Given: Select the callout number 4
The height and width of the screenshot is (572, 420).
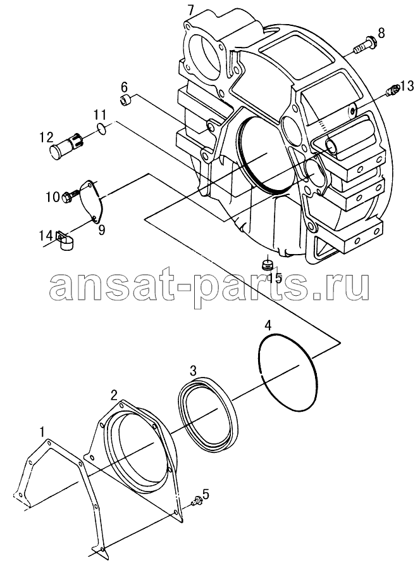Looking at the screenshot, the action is [268, 325].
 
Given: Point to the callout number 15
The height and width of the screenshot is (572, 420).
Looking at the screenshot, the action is [275, 277].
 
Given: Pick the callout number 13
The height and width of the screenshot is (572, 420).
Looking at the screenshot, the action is [407, 86].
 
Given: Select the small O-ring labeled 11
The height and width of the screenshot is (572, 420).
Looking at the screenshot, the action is [102, 127].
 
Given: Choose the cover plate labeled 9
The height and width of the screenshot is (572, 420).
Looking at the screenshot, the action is [90, 200].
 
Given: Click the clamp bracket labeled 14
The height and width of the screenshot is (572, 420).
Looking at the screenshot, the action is [65, 241].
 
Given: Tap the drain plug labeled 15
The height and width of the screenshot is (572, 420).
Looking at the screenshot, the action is [268, 265].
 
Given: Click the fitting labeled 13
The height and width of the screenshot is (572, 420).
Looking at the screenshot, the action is [393, 89].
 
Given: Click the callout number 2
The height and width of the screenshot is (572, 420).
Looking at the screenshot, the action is [114, 394].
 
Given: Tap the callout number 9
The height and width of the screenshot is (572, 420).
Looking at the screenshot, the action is [102, 230].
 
